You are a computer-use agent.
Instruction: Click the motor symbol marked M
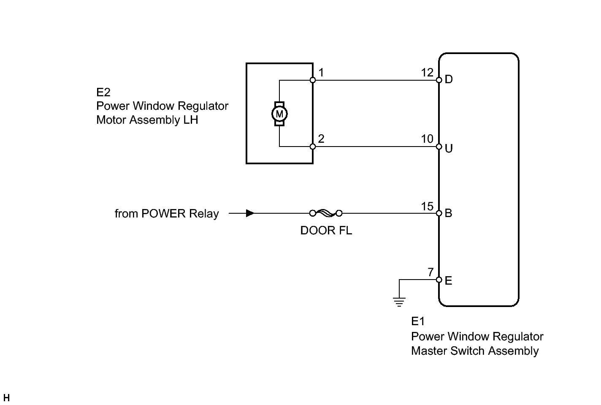click(279, 114)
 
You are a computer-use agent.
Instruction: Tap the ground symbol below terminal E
click(399, 302)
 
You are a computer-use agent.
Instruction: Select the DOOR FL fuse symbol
click(326, 213)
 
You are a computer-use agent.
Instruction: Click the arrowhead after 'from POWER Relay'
click(250, 213)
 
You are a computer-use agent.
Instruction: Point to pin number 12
click(427, 73)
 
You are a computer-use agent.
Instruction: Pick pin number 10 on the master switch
click(427, 139)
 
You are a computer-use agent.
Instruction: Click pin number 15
click(427, 207)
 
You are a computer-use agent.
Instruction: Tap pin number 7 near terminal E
click(430, 272)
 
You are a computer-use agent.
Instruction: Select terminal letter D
click(449, 79)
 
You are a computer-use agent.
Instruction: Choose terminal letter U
click(449, 148)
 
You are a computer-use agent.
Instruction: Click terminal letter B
click(448, 213)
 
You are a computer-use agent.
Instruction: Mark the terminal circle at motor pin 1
click(313, 80)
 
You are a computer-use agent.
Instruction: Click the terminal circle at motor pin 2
click(313, 147)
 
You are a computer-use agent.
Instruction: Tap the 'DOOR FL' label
click(326, 231)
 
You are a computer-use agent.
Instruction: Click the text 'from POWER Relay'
click(167, 214)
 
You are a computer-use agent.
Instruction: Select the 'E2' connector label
click(103, 92)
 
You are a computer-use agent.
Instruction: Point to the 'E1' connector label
click(418, 321)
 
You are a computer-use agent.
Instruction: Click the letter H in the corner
click(6, 397)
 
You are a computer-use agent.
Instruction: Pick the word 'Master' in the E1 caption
click(429, 351)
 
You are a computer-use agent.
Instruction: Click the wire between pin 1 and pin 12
click(376, 80)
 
